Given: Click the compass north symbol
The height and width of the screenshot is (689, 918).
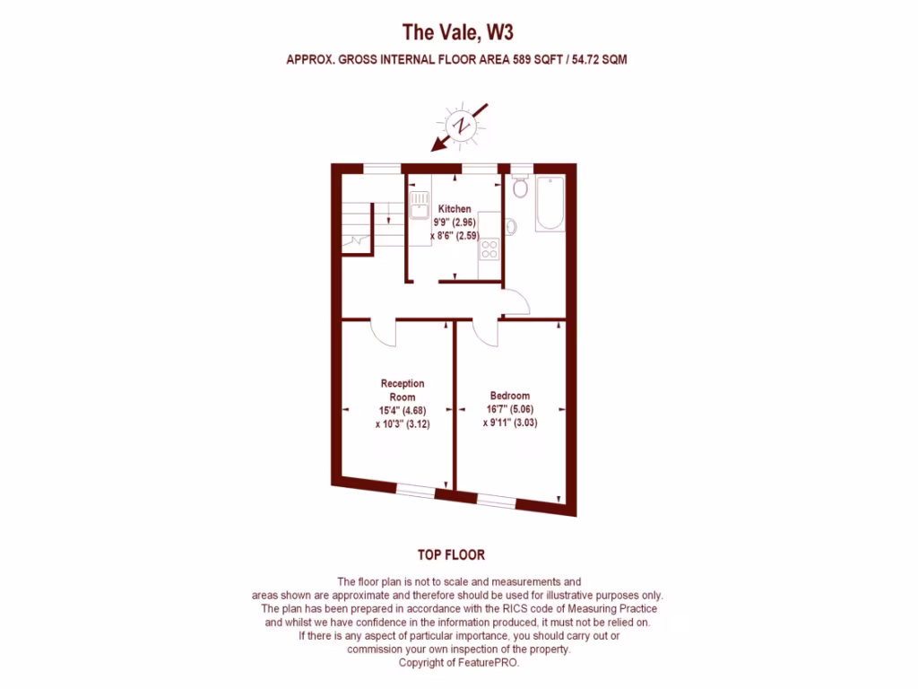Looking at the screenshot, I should click(x=462, y=126).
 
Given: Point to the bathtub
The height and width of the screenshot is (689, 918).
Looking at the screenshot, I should click(x=550, y=204).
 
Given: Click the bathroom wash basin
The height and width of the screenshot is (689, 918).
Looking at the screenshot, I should click(x=510, y=227).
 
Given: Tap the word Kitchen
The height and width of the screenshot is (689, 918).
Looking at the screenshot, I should click(x=455, y=209).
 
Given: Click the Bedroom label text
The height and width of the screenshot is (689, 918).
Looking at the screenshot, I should click(x=509, y=396).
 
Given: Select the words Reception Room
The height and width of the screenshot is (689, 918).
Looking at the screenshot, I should click(x=403, y=390).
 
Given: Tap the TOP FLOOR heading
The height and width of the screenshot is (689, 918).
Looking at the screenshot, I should click(x=451, y=555).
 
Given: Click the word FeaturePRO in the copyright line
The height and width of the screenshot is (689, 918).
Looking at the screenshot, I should click(x=488, y=664).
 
